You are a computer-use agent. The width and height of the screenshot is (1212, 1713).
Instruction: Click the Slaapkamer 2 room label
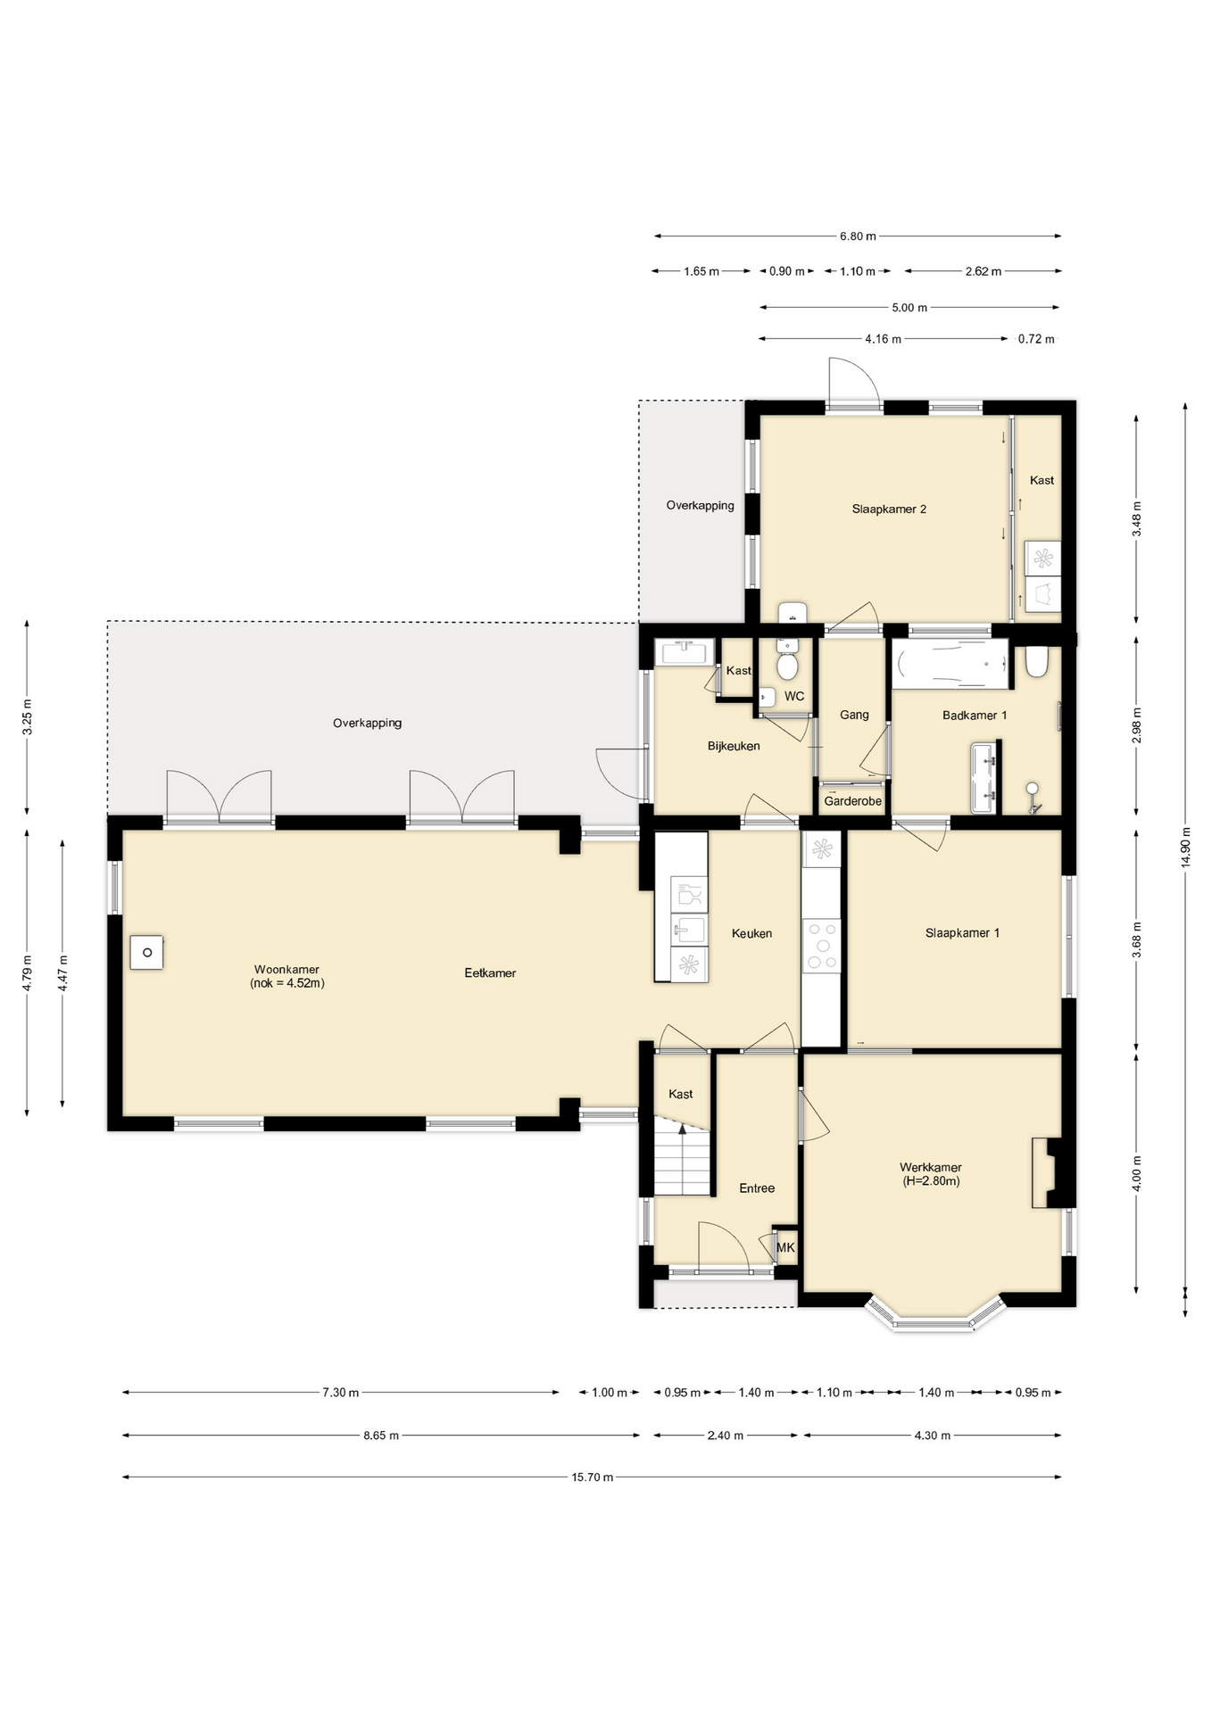[x=889, y=509]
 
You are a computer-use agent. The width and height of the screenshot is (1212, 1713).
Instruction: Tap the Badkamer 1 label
[x=975, y=716]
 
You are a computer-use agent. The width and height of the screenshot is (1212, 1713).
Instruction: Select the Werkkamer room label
[x=931, y=1174]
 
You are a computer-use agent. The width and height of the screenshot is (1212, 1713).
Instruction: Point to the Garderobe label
[x=852, y=801]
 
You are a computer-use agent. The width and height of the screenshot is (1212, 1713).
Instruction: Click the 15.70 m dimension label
[x=593, y=1477]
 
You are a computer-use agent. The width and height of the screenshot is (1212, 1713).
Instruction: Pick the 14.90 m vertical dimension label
[x=1185, y=847]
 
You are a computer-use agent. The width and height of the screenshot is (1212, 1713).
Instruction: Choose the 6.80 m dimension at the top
[x=858, y=236]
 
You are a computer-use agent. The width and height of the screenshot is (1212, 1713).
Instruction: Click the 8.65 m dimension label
[x=381, y=1436]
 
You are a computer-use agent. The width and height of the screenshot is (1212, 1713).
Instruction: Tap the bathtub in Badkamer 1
[x=951, y=664]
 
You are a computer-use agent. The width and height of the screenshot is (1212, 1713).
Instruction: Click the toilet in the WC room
[x=787, y=661]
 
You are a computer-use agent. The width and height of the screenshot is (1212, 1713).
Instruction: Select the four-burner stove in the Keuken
[x=822, y=946]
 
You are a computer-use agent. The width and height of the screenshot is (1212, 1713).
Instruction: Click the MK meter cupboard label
[x=785, y=1247]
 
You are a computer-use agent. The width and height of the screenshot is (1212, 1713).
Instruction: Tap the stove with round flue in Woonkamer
[x=147, y=953]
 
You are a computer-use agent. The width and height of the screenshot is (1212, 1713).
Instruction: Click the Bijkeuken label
[x=734, y=746]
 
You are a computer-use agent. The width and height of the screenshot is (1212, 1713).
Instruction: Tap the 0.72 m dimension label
[x=1036, y=339]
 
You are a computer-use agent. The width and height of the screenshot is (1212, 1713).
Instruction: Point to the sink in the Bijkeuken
[x=685, y=651]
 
